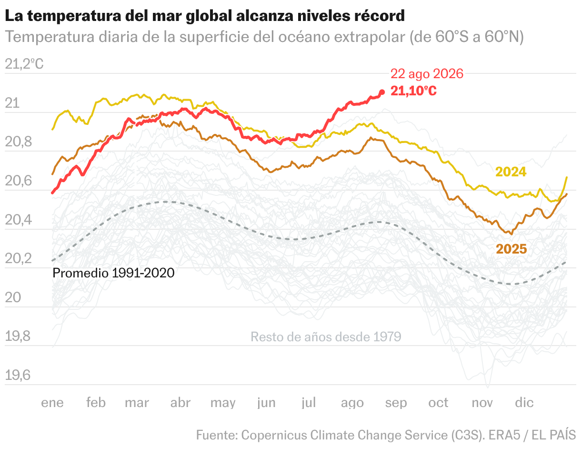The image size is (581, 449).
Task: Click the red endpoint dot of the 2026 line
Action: [382, 92]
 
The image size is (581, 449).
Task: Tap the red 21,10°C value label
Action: [413, 91]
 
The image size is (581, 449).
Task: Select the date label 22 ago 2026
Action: [427, 74]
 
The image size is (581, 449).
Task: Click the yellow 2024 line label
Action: [511, 172]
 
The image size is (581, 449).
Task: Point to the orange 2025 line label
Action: [511, 249]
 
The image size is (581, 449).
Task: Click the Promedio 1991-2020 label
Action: [113, 273]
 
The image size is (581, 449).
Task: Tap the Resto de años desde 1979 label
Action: [326, 337]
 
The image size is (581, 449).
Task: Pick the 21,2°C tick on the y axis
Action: [24, 64]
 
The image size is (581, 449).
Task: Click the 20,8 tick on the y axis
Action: [18, 142]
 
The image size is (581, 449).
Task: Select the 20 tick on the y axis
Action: [13, 297]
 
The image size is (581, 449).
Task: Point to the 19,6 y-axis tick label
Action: [18, 375]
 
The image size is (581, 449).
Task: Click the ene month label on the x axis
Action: [52, 403]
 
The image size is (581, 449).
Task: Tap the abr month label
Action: [180, 402]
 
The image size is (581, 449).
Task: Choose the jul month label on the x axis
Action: [309, 402]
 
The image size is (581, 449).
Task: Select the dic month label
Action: [524, 402]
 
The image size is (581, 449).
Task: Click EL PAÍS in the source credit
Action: [554, 435]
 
